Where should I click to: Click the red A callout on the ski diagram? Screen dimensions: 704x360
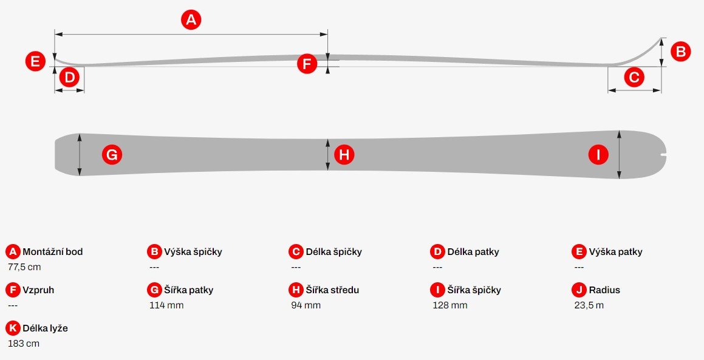pyautogui.click(x=191, y=20)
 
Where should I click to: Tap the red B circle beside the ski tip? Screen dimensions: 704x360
pyautogui.click(x=680, y=52)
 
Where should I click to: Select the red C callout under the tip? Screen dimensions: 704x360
pyautogui.click(x=634, y=78)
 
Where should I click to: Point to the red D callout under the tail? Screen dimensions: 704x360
pyautogui.click(x=70, y=78)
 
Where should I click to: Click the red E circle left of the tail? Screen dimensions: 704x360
pyautogui.click(x=35, y=61)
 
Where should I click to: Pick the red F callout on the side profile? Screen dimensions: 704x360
pyautogui.click(x=307, y=64)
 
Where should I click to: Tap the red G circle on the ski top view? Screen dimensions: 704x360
pyautogui.click(x=112, y=155)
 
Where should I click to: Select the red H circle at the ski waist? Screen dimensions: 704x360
pyautogui.click(x=344, y=155)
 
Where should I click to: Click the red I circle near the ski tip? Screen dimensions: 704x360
pyautogui.click(x=598, y=155)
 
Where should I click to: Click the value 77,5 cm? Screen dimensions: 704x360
pyautogui.click(x=24, y=267)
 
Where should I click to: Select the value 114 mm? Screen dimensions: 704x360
pyautogui.click(x=166, y=305)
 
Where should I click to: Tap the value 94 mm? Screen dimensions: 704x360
pyautogui.click(x=306, y=305)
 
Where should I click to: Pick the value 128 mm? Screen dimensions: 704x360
pyautogui.click(x=450, y=305)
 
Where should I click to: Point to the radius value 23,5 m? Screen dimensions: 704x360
pyautogui.click(x=589, y=305)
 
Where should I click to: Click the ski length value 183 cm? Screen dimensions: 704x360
pyautogui.click(x=24, y=344)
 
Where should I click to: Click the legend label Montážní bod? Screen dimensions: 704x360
pyautogui.click(x=52, y=252)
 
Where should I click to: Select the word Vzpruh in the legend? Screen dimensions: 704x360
pyautogui.click(x=38, y=290)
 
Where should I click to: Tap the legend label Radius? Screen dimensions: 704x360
pyautogui.click(x=604, y=290)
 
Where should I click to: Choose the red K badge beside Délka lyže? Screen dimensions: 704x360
pyautogui.click(x=13, y=328)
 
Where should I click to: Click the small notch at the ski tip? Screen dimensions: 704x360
pyautogui.click(x=662, y=156)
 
